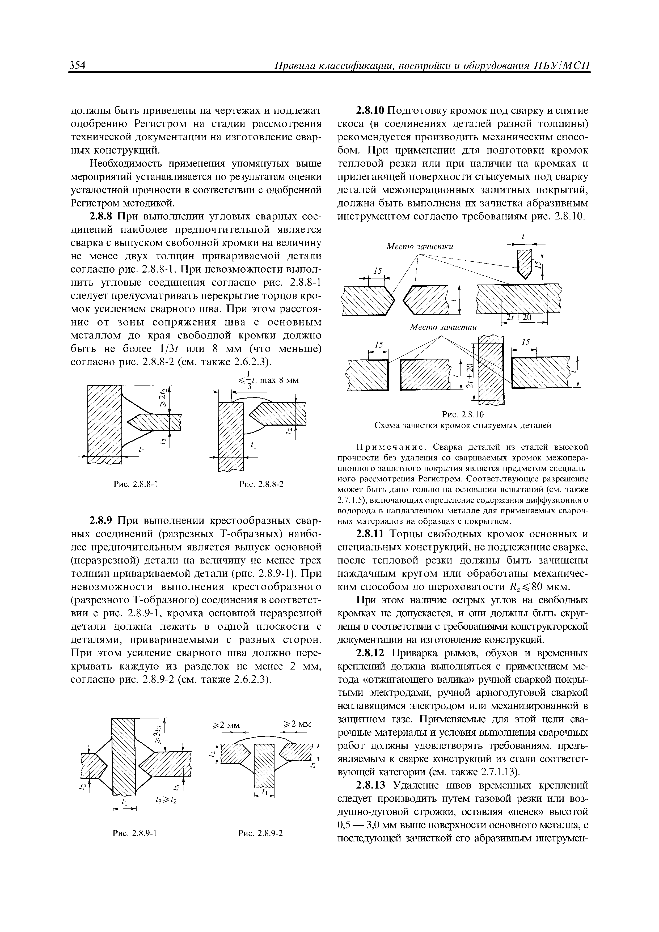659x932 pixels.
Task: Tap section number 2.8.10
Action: (x=371, y=111)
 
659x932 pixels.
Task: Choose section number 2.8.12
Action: (x=371, y=654)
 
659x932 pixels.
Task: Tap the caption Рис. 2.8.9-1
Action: (x=135, y=834)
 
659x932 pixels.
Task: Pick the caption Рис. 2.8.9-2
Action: (x=261, y=834)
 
